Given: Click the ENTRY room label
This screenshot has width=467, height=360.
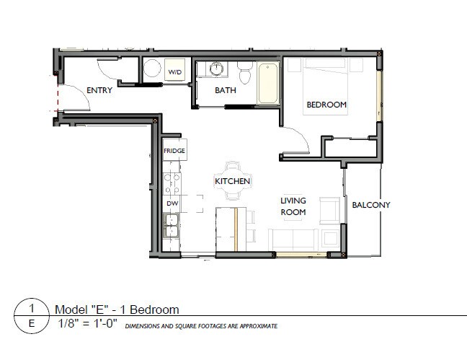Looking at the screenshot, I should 99,90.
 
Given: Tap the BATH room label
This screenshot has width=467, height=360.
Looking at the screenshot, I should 226,90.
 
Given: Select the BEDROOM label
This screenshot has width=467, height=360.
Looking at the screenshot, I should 326,105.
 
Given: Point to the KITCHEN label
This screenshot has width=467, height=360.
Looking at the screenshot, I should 233,181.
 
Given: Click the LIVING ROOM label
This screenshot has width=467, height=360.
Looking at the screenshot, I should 293,206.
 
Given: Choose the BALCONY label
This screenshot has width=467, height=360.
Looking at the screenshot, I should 370,205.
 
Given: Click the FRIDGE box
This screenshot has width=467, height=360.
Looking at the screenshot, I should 174,151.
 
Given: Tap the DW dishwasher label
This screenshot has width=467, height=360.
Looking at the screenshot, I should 172,204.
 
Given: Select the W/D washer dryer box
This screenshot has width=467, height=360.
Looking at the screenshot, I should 175,72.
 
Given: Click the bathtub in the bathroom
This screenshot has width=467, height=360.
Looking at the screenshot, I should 268,83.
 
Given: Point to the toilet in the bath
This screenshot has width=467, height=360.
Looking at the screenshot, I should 244,72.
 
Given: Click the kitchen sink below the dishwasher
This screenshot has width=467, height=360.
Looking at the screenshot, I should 172,230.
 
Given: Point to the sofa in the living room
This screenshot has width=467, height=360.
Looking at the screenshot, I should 295,239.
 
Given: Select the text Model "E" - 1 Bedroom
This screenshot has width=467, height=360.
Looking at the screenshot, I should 117,309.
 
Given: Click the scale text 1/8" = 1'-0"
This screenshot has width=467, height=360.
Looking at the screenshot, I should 87,325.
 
